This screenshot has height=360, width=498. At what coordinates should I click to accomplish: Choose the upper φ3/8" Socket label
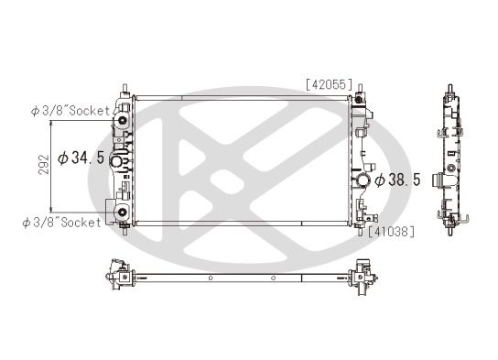point(70,111)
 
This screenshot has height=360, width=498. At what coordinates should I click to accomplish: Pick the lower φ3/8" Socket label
point(65,222)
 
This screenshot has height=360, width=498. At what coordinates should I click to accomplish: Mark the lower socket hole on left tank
point(121,217)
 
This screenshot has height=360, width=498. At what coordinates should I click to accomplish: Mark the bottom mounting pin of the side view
point(451,229)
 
